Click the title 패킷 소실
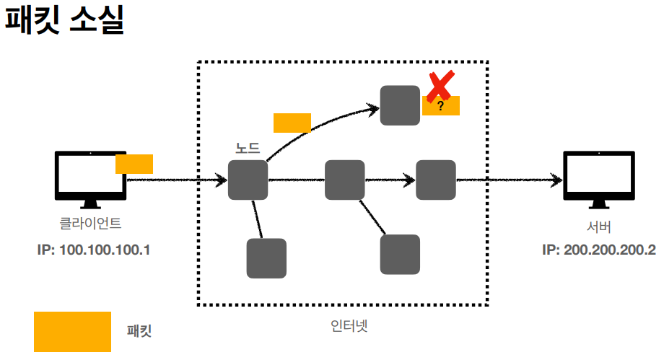coord(65,21)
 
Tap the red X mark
coord(438,86)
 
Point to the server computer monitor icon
coord(599,176)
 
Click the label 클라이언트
coord(90,224)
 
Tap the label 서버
coord(599,227)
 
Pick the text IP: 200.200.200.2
coord(599,250)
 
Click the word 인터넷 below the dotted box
coord(344,325)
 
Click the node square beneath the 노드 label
coord(248,180)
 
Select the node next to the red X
coord(400,105)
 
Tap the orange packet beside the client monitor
coord(134,164)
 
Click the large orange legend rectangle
coord(72,331)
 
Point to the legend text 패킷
coord(139,332)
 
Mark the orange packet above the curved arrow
coord(292,123)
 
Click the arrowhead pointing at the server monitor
coord(556,180)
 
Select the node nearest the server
coord(436,180)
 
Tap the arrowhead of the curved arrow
coord(374,108)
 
